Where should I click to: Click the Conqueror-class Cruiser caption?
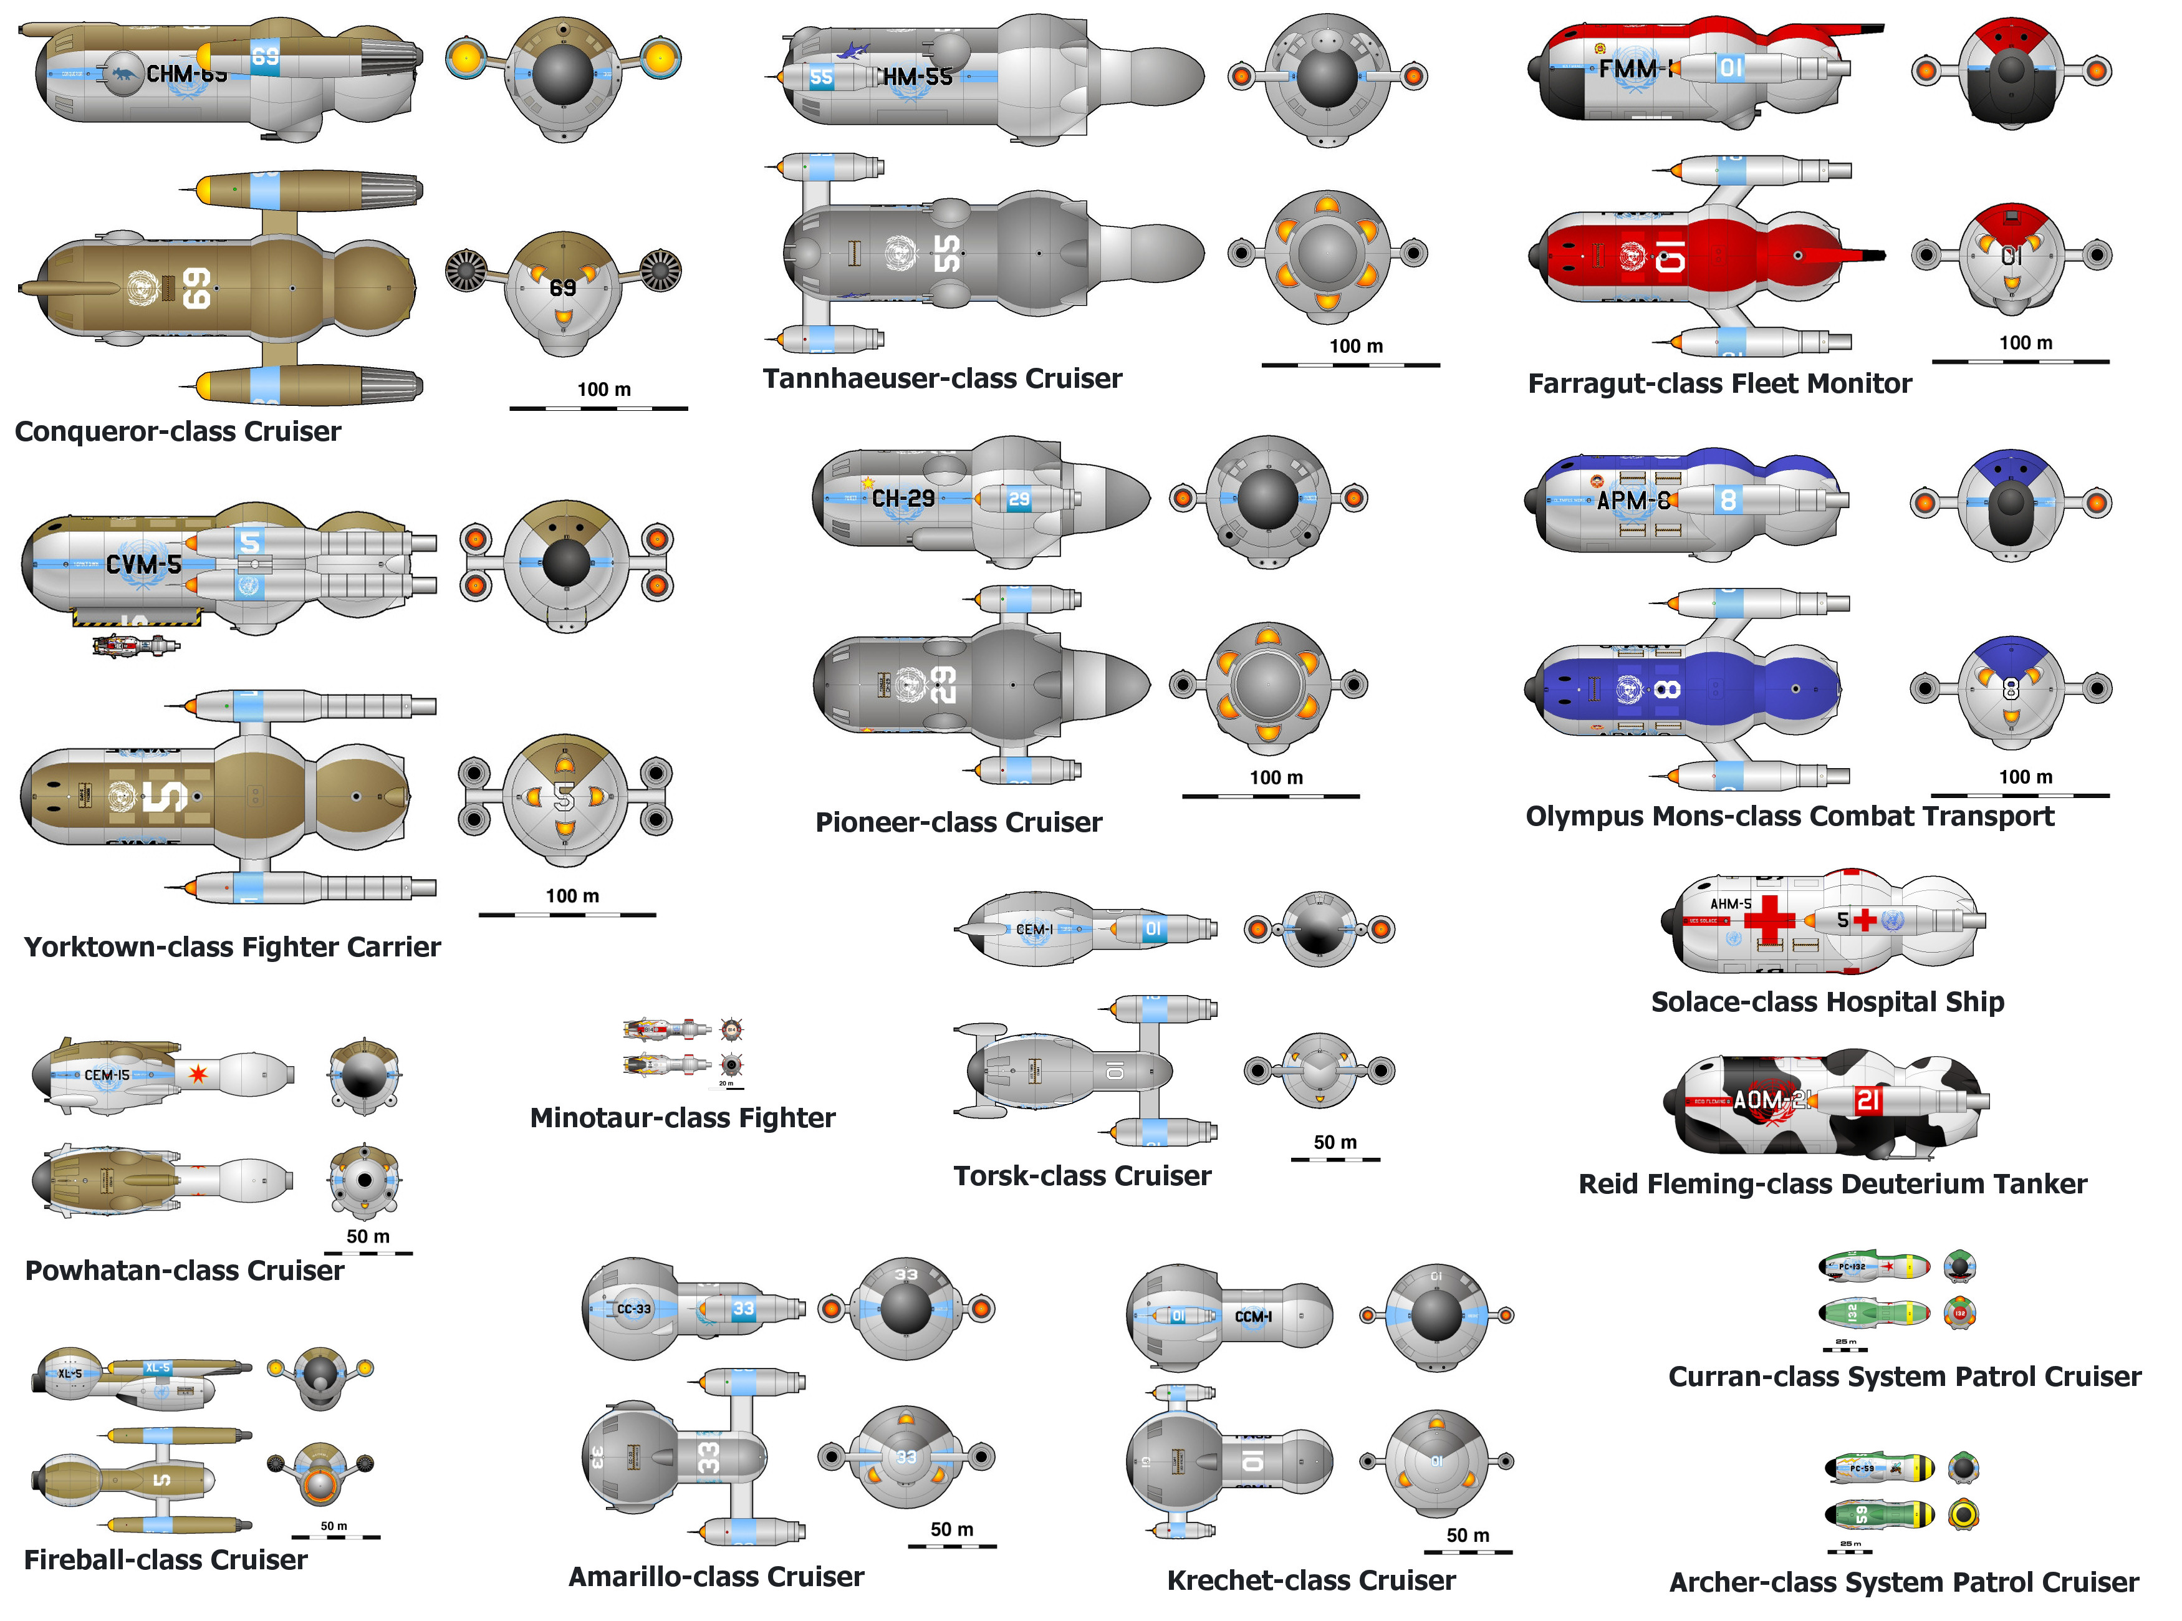click(178, 431)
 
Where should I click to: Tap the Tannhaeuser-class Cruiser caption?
click(942, 379)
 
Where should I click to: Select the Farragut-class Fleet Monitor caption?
click(1719, 383)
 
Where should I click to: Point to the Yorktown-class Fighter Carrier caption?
click(233, 947)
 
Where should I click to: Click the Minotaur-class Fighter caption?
click(682, 1118)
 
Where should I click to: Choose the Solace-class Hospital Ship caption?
click(1827, 1002)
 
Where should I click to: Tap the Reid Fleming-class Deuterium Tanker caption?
click(1832, 1185)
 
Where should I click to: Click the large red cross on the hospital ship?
click(1768, 920)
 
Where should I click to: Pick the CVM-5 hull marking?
click(143, 564)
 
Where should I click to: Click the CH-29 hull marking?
click(903, 499)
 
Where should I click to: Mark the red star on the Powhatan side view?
click(198, 1074)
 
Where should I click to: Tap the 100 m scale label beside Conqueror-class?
click(603, 390)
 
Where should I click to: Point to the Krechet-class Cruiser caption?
click(1311, 1580)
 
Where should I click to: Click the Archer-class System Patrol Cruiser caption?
click(1903, 1583)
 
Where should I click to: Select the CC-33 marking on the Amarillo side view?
click(634, 1309)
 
